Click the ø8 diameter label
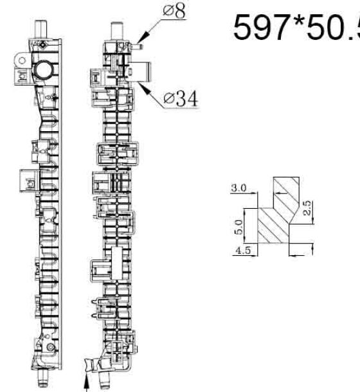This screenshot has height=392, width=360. tap(174, 11)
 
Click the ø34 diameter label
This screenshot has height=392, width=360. tap(181, 98)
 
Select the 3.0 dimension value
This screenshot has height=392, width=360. tap(239, 188)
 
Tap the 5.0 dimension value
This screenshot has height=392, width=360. tap(239, 227)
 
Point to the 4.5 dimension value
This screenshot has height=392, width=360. tap(243, 250)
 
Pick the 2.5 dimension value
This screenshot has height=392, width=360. tap(307, 208)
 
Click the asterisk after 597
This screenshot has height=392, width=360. tap(297, 21)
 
